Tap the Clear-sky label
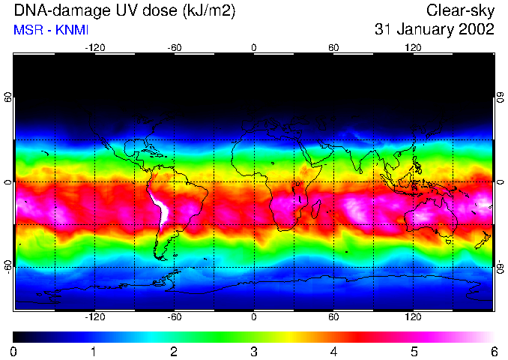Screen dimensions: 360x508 (x=460, y=10)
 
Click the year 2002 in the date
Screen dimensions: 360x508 (x=475, y=30)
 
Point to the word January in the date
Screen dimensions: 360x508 (x=421, y=30)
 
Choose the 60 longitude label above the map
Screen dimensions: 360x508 (x=333, y=46)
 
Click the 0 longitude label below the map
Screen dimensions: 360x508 (x=253, y=317)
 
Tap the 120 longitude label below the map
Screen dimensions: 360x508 (x=413, y=317)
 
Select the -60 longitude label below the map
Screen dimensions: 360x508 (x=174, y=317)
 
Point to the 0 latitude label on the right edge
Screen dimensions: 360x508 (x=500, y=182)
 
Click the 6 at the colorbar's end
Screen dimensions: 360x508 (x=493, y=351)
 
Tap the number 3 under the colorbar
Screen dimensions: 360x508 (x=253, y=351)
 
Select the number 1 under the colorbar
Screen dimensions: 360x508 (x=93, y=351)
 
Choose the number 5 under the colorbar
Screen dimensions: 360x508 (x=414, y=351)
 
